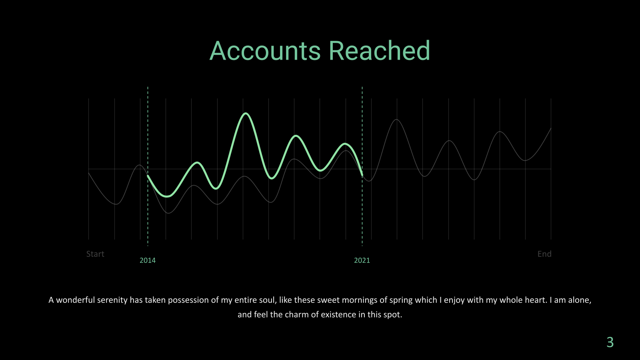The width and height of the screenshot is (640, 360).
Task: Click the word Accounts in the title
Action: pyautogui.click(x=265, y=50)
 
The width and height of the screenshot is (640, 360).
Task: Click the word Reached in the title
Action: pyautogui.click(x=380, y=50)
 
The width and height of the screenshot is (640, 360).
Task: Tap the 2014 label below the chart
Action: pyautogui.click(x=148, y=260)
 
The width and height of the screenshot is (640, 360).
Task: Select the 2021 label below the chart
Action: pyautogui.click(x=362, y=260)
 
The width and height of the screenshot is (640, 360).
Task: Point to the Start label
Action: pyautogui.click(x=95, y=254)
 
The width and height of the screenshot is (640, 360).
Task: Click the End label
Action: pyautogui.click(x=544, y=254)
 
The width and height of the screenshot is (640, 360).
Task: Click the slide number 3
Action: pyautogui.click(x=610, y=342)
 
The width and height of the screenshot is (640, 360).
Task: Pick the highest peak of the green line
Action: pyautogui.click(x=246, y=114)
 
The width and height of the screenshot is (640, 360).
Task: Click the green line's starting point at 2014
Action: pyautogui.click(x=148, y=176)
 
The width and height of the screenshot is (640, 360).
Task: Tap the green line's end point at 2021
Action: pyautogui.click(x=362, y=175)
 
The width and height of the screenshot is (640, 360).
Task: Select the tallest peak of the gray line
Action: pyautogui.click(x=396, y=120)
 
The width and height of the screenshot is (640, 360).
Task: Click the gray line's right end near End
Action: pyautogui.click(x=551, y=128)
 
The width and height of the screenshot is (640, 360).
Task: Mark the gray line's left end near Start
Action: pyautogui.click(x=88, y=173)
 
